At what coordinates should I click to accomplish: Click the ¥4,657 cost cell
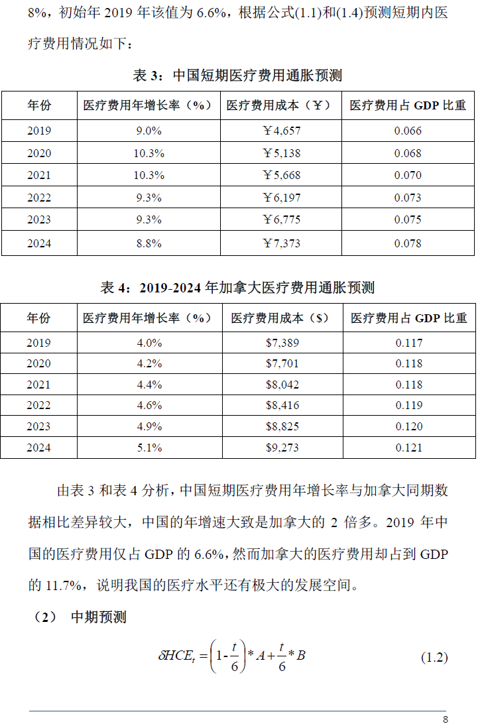pos(281,131)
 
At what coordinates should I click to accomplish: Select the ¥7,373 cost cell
pos(281,243)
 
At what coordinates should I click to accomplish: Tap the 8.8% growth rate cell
pos(149,243)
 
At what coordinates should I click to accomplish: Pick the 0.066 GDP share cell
pos(408,131)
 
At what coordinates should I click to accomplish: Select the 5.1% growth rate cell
pos(149,448)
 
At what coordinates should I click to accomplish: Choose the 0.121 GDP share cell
pos(408,448)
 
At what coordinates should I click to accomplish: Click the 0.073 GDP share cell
pos(408,198)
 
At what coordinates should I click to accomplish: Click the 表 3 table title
pos(237,76)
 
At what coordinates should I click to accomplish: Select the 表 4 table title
pos(237,288)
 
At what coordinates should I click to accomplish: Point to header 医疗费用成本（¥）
pos(281,105)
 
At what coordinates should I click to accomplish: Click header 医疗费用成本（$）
pos(281,318)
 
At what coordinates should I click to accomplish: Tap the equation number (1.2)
pos(434,658)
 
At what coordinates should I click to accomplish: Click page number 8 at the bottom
pos(446,720)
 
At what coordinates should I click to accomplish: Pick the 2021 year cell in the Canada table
pos(38,385)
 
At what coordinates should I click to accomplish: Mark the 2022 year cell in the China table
pos(38,198)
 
